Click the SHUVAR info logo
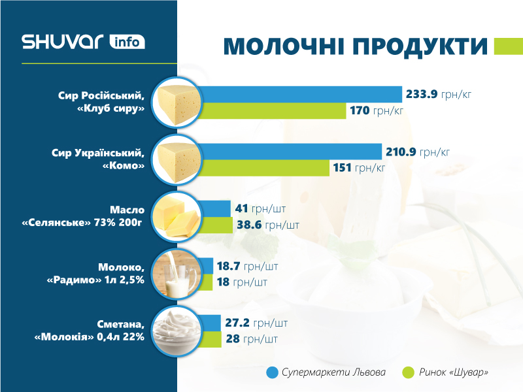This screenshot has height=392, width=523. [x=83, y=42]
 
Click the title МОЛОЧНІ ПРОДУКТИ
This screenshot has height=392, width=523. [x=356, y=47]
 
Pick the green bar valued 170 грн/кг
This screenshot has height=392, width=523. [x=272, y=111]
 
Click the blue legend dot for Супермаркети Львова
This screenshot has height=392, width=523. [x=273, y=372]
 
